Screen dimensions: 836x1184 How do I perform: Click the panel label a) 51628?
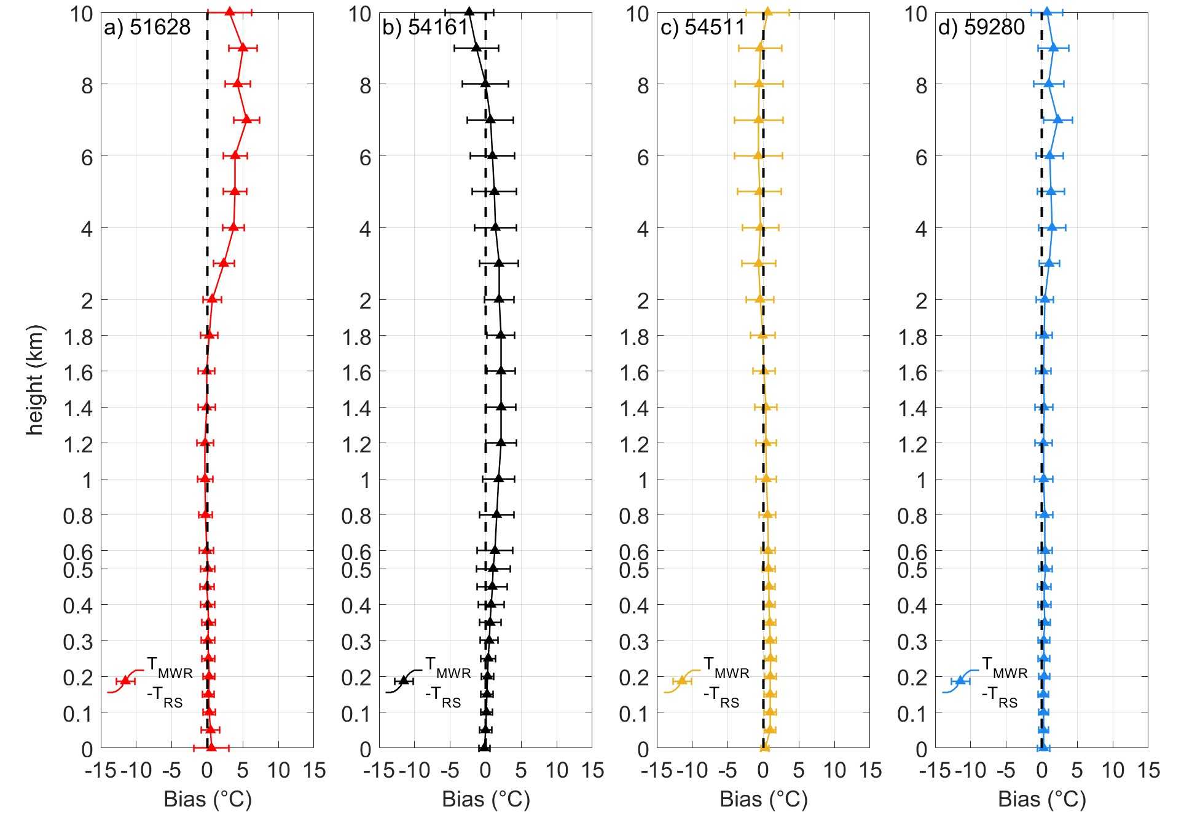[147, 27]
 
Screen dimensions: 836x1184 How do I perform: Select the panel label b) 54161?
[426, 27]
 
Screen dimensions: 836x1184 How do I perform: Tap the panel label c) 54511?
[703, 27]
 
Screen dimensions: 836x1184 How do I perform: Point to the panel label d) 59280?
[982, 27]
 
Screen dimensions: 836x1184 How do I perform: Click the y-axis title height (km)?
[35, 379]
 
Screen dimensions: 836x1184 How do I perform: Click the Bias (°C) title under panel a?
[208, 799]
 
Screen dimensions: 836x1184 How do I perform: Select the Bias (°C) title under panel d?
[1042, 799]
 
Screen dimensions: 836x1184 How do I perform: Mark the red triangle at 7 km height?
[246, 120]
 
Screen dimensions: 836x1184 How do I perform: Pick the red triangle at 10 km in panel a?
[229, 12]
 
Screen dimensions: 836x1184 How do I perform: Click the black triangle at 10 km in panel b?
[469, 12]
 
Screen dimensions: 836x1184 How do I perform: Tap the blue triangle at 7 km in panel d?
[1057, 120]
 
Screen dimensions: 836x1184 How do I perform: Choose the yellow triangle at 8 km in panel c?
[759, 84]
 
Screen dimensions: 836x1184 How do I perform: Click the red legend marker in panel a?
[125, 680]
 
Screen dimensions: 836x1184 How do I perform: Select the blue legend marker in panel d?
[960, 680]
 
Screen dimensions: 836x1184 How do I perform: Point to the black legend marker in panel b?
[404, 680]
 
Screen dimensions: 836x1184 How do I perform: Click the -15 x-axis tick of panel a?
[100, 770]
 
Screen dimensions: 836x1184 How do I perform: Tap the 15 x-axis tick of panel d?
[1148, 770]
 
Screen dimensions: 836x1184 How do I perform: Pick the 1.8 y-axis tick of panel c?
[634, 337]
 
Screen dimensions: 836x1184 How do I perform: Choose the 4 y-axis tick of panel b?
[365, 229]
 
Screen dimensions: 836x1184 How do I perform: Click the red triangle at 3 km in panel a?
[224, 263]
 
